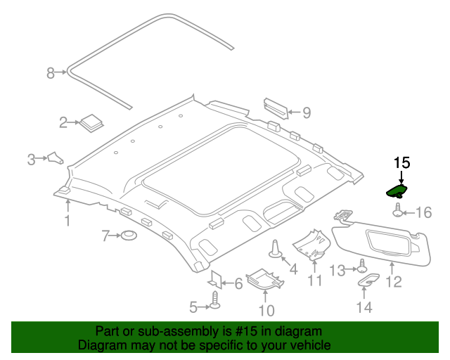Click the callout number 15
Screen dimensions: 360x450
coord(401,162)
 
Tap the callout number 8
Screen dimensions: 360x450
coord(50,72)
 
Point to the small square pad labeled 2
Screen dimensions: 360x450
coord(90,122)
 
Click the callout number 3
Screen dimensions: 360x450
coord(31,160)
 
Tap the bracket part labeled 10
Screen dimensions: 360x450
coord(266,278)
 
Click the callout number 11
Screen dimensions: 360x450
coord(314,281)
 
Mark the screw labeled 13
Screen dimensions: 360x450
coord(362,267)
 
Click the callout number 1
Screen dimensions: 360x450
coord(67,222)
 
